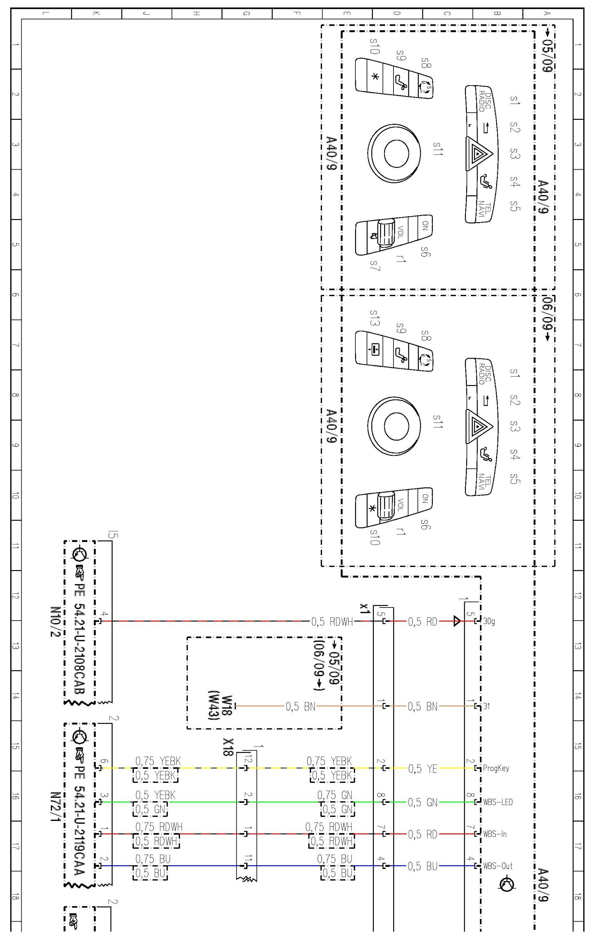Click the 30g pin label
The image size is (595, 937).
(x=489, y=622)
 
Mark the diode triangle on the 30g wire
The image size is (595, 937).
(x=457, y=622)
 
